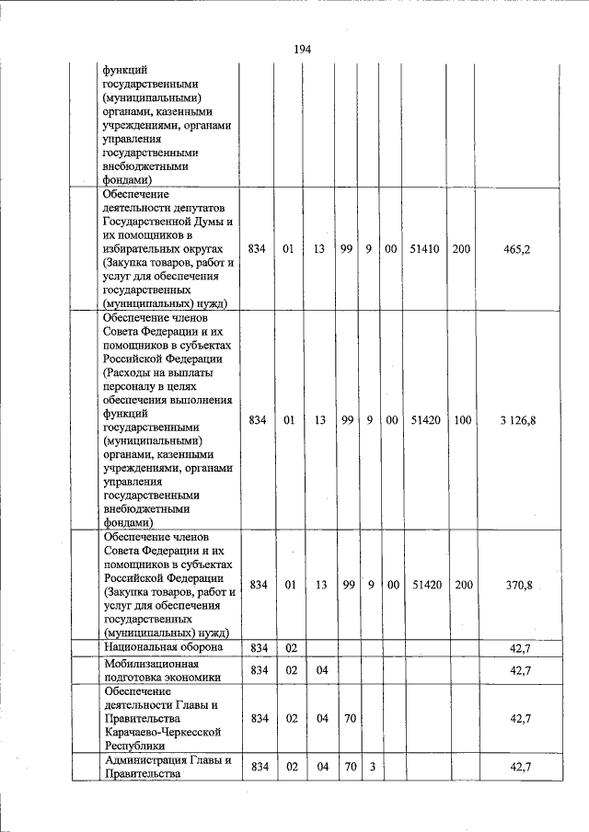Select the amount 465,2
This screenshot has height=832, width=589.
click(519, 248)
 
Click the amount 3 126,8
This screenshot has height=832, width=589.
click(519, 420)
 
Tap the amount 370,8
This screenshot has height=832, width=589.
click(519, 585)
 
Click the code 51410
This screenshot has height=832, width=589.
click(424, 248)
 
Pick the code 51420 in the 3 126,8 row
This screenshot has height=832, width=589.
click(424, 420)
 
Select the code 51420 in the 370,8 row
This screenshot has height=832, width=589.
click(424, 585)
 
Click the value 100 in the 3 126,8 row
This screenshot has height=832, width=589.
click(462, 420)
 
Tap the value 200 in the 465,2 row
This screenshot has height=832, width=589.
click(462, 248)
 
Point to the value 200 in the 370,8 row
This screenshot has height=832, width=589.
click(462, 585)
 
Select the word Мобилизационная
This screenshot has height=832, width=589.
click(149, 663)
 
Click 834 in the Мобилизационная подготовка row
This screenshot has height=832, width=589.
click(259, 670)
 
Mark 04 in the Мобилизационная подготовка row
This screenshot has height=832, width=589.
click(322, 670)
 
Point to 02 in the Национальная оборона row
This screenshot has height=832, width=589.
click(291, 648)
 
